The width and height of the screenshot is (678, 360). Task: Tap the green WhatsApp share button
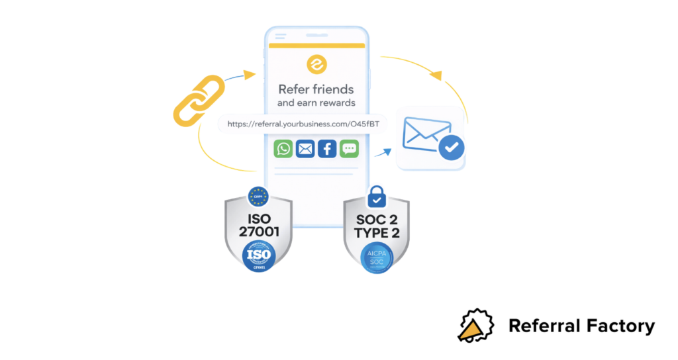(x=283, y=148)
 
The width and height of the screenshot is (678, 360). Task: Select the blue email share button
(x=305, y=148)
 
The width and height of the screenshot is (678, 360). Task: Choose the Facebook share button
(x=327, y=148)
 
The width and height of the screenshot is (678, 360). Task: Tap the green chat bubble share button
(x=349, y=148)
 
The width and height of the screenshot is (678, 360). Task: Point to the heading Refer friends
(x=316, y=89)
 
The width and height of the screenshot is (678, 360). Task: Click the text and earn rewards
(x=316, y=103)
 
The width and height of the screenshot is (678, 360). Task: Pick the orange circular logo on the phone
(x=316, y=65)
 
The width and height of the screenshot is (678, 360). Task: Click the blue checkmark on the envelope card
(x=451, y=148)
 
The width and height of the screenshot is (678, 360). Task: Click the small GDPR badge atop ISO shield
(x=258, y=196)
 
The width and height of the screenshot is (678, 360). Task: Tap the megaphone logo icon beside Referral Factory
(x=476, y=325)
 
